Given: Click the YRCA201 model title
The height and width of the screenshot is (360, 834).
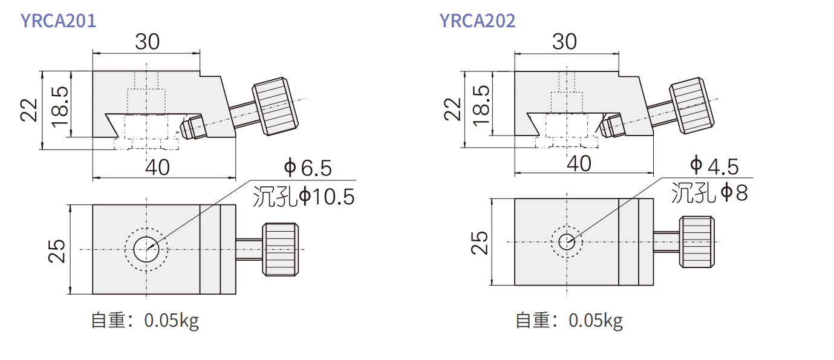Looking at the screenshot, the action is tap(59, 21).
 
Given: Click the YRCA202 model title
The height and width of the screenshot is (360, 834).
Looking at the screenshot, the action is tap(477, 21).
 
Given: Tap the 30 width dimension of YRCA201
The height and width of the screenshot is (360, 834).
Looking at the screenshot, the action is tap(148, 41).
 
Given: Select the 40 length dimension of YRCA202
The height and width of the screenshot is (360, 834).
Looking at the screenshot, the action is tap(579, 163).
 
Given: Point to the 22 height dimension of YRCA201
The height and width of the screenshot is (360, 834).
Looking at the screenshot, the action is tap(28, 110).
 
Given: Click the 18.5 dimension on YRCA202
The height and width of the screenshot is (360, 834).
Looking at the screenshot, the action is tap(481, 105).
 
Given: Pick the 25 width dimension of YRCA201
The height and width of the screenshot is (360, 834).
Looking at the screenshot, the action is tap(57, 251).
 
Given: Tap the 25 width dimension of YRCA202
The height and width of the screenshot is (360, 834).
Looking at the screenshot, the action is tap(479, 243).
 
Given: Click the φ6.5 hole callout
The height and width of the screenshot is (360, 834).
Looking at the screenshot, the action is tap(308, 168).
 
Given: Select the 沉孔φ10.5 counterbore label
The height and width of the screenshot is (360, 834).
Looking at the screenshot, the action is tap(304, 197).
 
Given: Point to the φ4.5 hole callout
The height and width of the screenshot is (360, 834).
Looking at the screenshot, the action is tap(714, 166).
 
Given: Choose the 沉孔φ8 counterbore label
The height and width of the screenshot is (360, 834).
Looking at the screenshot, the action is tap(709, 192).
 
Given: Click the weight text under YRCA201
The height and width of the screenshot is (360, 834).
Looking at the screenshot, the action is tap(145, 321).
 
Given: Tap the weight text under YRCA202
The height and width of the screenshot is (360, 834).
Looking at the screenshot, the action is tap(569, 321).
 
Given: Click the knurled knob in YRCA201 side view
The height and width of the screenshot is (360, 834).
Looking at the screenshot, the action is tap(276, 106).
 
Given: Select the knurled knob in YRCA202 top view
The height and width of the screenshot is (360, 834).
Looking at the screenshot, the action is tap(697, 242).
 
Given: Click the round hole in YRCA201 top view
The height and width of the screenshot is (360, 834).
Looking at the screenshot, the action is tap(146, 249).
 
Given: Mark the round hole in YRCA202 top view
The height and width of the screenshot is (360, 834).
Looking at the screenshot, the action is tap(567, 241).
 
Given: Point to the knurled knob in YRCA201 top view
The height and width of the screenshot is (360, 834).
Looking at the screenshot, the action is tap(281, 249).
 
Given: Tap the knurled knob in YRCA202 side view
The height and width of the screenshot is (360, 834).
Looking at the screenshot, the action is tap(692, 106).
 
